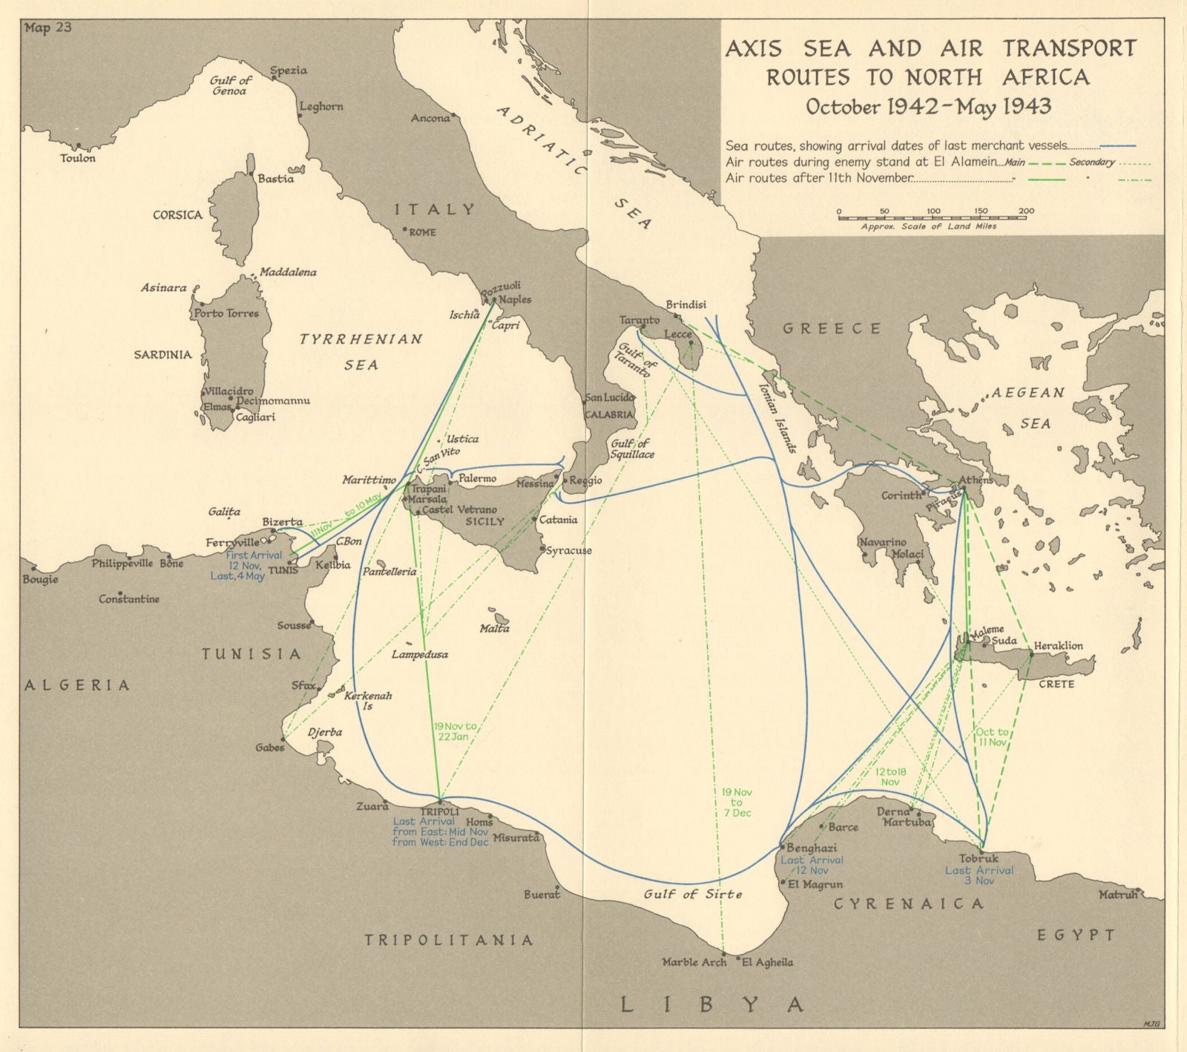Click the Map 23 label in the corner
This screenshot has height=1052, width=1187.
click(x=47, y=29)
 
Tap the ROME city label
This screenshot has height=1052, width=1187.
click(x=422, y=232)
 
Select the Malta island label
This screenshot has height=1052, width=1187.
click(x=494, y=628)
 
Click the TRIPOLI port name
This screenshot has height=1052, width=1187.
click(x=441, y=811)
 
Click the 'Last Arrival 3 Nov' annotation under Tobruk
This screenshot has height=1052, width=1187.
click(x=979, y=875)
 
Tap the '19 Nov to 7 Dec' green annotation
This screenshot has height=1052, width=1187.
click(x=737, y=803)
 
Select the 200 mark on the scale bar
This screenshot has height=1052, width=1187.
click(x=1026, y=212)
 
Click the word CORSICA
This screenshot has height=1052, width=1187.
click(x=177, y=215)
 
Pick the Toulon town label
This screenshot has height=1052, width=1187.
click(x=78, y=158)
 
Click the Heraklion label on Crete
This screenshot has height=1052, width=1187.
click(x=1058, y=645)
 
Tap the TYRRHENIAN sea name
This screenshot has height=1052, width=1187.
click(x=361, y=339)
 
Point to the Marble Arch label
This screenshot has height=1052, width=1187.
click(x=694, y=962)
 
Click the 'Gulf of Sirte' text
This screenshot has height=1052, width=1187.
click(x=693, y=894)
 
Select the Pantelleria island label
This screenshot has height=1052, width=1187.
click(x=389, y=572)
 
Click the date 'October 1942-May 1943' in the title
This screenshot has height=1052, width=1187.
click(x=928, y=106)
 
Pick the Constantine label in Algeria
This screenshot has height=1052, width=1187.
click(x=129, y=598)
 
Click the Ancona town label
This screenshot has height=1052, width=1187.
click(x=430, y=118)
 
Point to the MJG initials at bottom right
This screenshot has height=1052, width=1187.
click(x=1151, y=1024)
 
